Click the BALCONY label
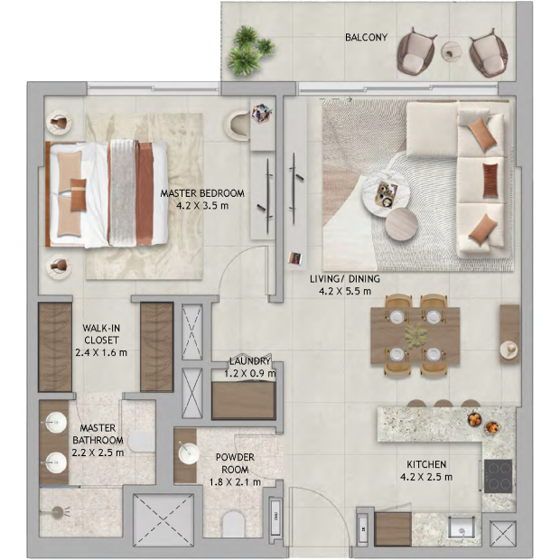click(x=366, y=37)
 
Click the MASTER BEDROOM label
click(x=202, y=193)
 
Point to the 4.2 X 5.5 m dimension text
click(x=345, y=291)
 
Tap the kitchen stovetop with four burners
click(x=498, y=476)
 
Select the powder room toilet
click(x=233, y=524)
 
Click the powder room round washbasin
click(x=189, y=454)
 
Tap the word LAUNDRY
click(x=249, y=361)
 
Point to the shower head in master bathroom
click(x=57, y=513)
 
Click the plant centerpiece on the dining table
click(x=415, y=336)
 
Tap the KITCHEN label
click(x=426, y=464)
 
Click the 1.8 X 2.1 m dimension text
click(x=235, y=482)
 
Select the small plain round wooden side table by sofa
click(x=401, y=224)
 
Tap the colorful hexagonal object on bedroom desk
click(x=262, y=113)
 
